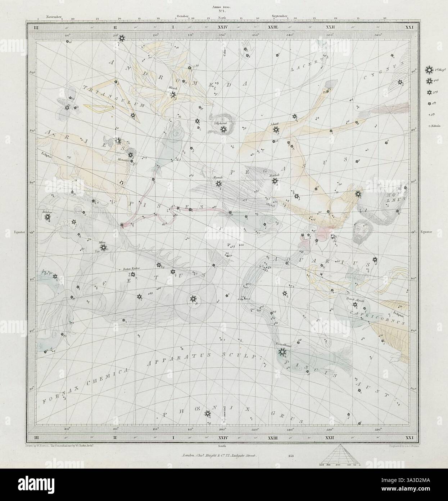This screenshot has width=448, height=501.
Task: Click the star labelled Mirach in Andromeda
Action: tap(173, 95)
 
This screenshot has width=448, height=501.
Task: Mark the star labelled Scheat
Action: tap(276, 130)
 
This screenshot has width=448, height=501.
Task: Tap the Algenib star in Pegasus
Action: tap(218, 184)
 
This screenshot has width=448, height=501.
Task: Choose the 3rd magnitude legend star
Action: tap(429, 93)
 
